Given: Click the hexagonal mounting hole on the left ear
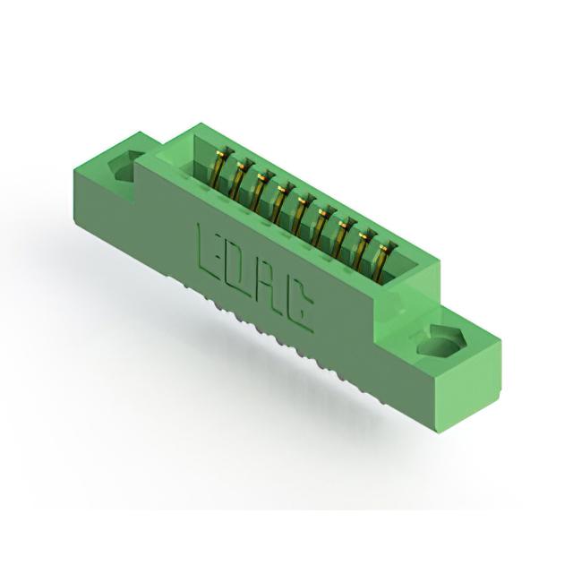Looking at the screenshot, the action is click(125, 166).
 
